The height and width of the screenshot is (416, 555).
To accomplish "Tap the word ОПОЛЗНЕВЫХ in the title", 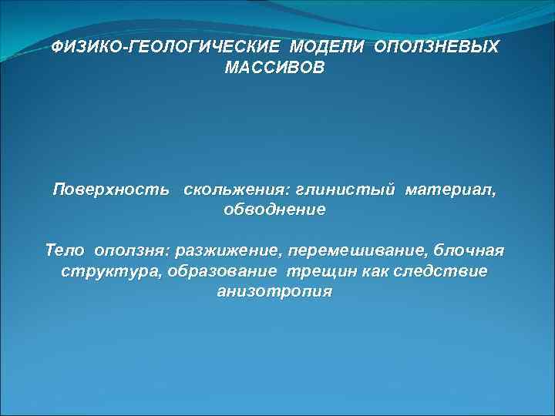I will pos(437,48).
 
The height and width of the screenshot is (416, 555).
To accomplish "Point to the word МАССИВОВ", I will pos(275,69).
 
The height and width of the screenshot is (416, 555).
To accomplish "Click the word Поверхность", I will pos(112,189).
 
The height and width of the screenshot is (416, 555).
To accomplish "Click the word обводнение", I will pos(275,210).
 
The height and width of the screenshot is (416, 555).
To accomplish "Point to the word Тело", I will pos(67,251).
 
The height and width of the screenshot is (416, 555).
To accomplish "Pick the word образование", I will pos(222,272).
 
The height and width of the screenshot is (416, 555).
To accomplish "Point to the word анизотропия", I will pos(275,293).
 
